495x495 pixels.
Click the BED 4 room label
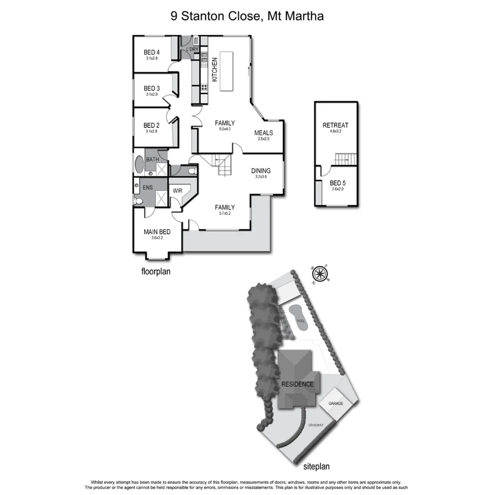(152, 53)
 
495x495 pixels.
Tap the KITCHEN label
(214, 69)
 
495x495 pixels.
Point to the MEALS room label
(264, 133)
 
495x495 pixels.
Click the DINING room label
(261, 171)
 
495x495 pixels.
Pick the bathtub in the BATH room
(139, 165)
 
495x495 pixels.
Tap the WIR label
(177, 191)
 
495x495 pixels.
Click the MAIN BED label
(157, 232)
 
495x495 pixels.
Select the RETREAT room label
(335, 125)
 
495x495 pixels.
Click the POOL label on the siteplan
(301, 321)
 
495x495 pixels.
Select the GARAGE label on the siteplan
(336, 404)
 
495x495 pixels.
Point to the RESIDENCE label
(297, 384)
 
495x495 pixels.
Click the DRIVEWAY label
(315, 425)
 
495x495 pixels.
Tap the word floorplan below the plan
(155, 271)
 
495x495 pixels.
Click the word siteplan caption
(317, 467)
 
